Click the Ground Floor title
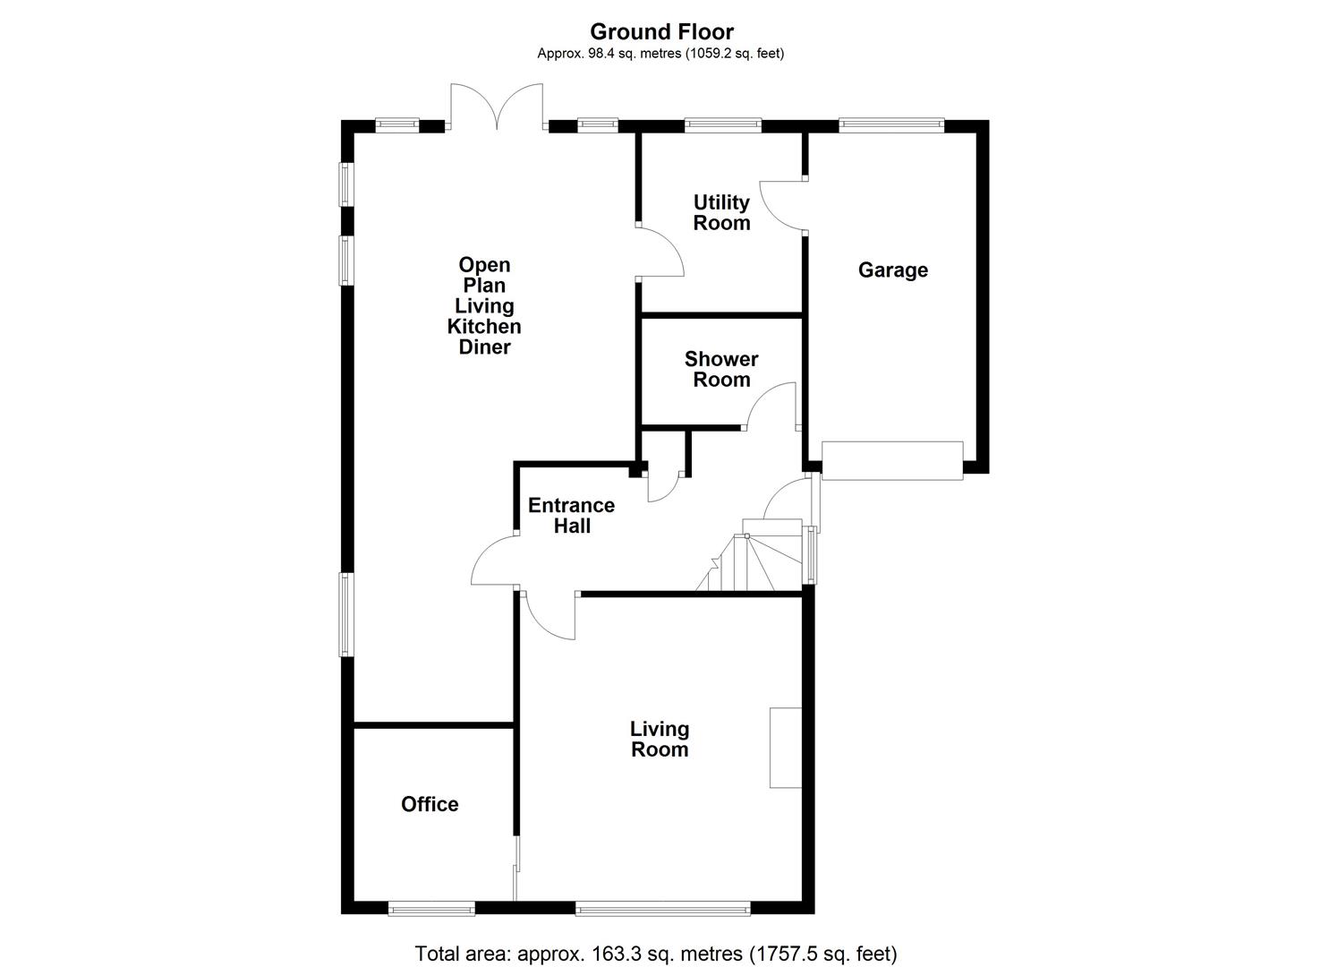[661, 32]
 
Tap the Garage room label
[892, 270]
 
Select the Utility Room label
[721, 212]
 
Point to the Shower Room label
[721, 369]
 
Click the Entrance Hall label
[571, 515]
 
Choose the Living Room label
[660, 739]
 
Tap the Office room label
[430, 804]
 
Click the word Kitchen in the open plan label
[484, 326]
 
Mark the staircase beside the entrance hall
[752, 562]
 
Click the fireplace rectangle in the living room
[785, 748]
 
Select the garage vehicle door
[892, 460]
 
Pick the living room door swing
[549, 616]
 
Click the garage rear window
[891, 125]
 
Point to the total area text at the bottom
[655, 953]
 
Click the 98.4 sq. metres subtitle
[660, 54]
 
